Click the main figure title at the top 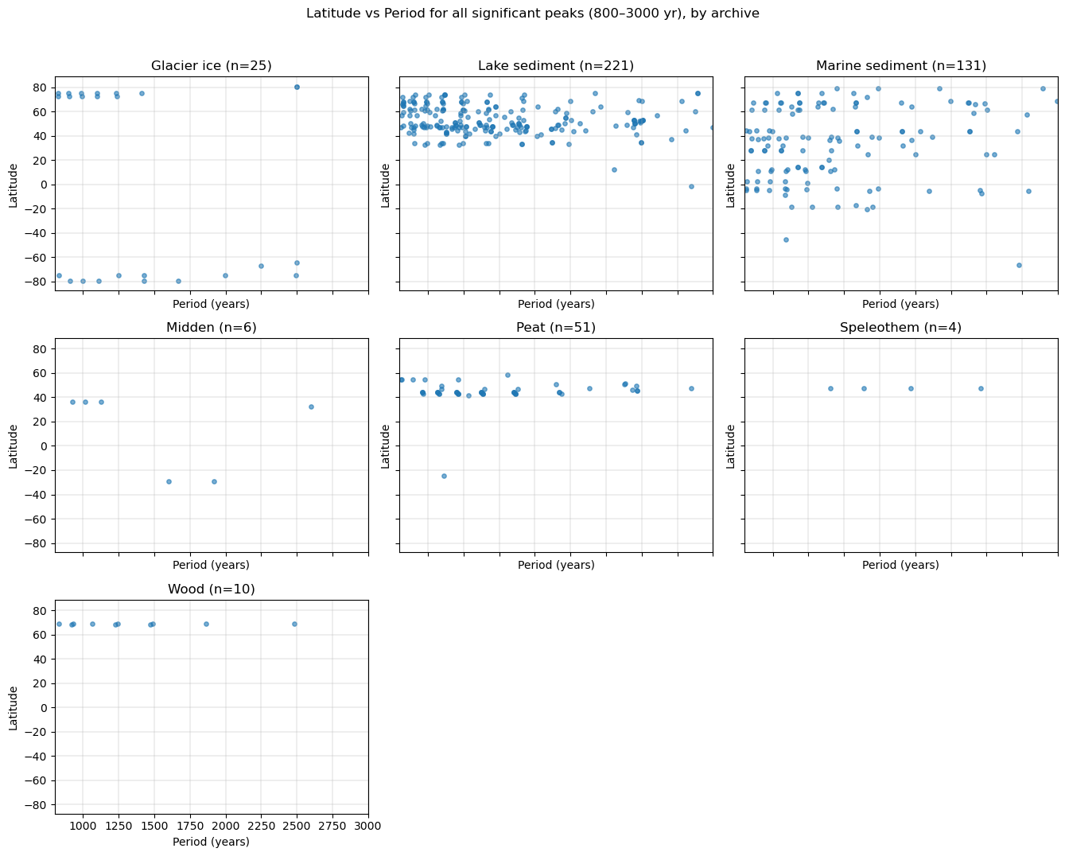click(532, 14)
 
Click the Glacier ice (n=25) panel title click(212, 66)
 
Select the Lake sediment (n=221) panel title click(556, 66)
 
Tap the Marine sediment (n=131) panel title click(900, 66)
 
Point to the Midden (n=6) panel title click(212, 328)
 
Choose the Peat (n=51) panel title click(556, 328)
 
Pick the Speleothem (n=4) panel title click(900, 328)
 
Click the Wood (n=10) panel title click(212, 589)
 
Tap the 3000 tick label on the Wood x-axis click(368, 827)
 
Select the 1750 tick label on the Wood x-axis click(190, 827)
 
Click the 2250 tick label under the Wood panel click(261, 827)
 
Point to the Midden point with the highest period click(311, 407)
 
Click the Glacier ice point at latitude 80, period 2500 click(297, 87)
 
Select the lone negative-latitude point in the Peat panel click(444, 476)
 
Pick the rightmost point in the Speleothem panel click(981, 388)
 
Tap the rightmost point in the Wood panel click(294, 624)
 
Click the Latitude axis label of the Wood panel click(14, 708)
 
